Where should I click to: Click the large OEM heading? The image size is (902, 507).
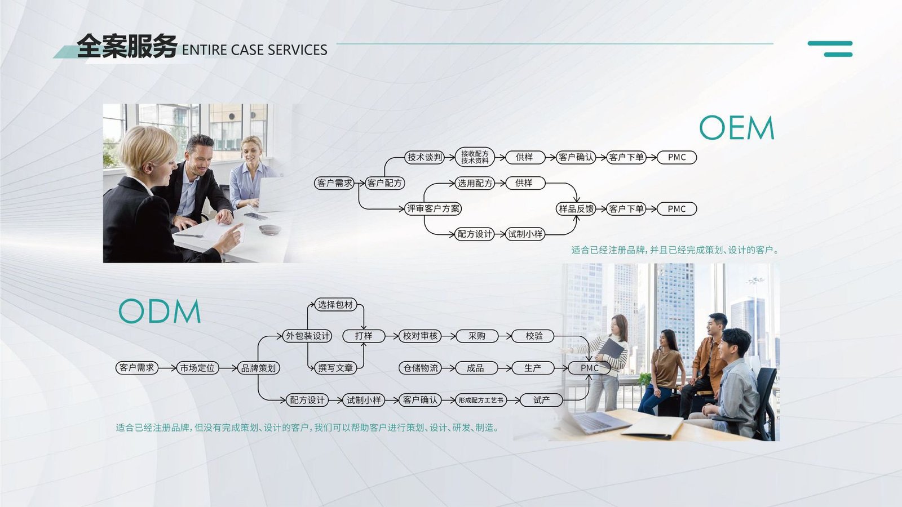click(736, 127)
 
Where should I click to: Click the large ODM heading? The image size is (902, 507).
click(160, 311)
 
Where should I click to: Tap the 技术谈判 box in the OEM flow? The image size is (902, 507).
click(425, 157)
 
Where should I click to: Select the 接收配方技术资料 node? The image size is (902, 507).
click(475, 157)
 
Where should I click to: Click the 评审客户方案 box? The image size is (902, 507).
click(433, 209)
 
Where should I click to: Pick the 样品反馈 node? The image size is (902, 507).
click(576, 209)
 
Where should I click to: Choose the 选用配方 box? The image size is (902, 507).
click(475, 183)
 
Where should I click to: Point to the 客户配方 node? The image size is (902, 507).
click(384, 183)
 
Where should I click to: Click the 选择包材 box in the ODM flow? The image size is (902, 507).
click(335, 305)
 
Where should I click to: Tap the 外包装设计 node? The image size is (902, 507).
click(307, 336)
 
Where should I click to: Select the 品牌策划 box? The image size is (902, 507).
click(258, 368)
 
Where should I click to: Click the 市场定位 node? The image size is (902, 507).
click(197, 368)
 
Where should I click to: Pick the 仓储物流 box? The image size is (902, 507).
click(421, 368)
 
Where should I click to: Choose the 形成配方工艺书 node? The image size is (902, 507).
click(481, 400)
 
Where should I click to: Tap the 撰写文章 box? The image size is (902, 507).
click(335, 368)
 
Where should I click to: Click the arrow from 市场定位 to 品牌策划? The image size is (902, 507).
click(228, 368)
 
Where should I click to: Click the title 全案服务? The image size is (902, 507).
click(127, 46)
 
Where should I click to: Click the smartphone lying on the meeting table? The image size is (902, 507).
click(256, 216)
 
